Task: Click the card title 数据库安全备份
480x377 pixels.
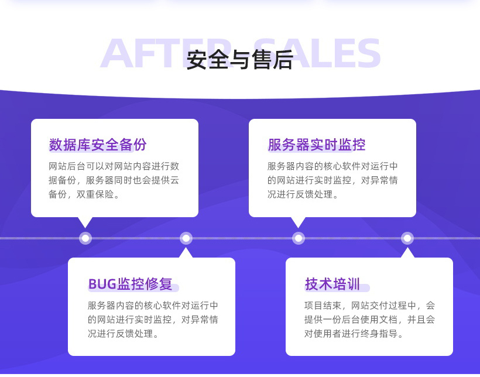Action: (98, 145)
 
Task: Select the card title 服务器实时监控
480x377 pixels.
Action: (316, 145)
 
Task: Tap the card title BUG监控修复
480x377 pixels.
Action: (131, 285)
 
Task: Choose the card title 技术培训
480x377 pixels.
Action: (332, 285)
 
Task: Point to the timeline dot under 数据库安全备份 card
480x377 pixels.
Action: (85, 238)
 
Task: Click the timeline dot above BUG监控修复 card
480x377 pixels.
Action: (186, 238)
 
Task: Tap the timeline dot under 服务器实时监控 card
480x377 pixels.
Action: (299, 238)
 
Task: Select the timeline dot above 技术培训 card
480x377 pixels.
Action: (407, 238)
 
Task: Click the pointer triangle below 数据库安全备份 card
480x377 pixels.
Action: (85, 222)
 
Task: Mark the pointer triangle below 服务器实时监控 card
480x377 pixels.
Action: (299, 222)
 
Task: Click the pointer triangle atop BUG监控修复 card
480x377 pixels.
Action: (186, 253)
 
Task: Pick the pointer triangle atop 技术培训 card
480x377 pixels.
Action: (407, 253)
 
